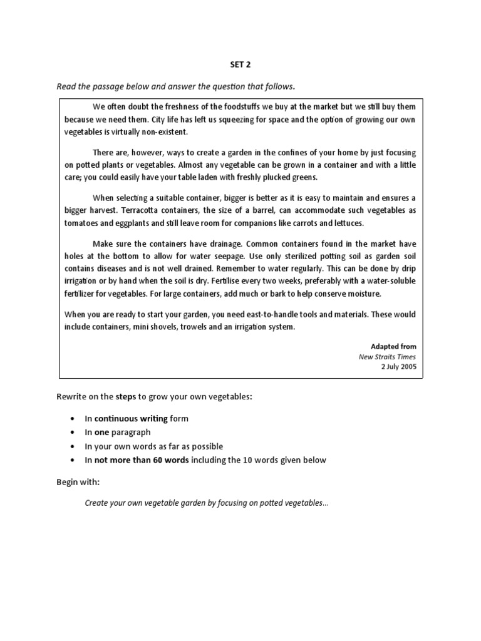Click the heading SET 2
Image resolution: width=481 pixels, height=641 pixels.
(240, 64)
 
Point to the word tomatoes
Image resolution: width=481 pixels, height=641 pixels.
(83, 223)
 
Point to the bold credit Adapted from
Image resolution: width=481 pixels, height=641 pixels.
(393, 346)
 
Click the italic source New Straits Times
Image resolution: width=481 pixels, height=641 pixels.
(387, 357)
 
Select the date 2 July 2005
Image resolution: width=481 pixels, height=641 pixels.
(398, 367)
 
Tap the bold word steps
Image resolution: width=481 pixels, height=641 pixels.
(126, 397)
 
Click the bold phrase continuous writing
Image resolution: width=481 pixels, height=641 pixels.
(131, 418)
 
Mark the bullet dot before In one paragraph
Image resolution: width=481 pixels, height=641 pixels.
(73, 433)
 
